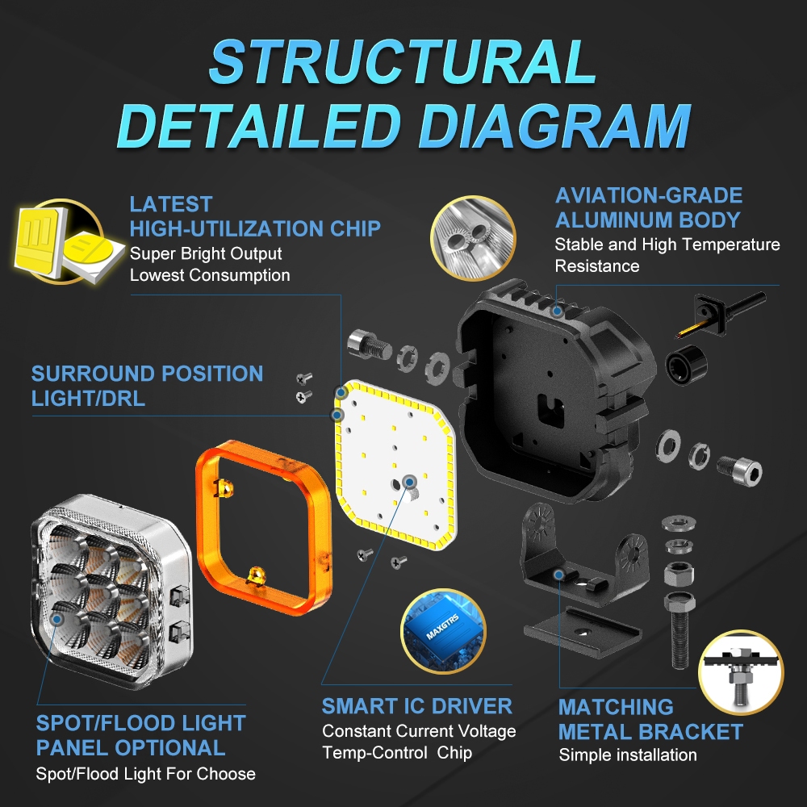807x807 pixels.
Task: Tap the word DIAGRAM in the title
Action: [554, 126]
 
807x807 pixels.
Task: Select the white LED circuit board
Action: [395, 464]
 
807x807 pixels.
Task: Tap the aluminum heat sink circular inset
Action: [473, 238]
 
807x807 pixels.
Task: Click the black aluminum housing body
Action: [556, 391]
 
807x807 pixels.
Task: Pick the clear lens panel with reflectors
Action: [111, 592]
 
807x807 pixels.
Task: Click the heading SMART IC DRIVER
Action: [417, 706]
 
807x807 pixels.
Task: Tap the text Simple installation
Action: [628, 755]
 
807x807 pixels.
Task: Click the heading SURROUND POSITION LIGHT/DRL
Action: [147, 386]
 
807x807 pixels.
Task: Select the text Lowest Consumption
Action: [210, 275]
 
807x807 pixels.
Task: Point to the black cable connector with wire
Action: [721, 314]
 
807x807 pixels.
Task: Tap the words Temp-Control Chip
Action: [397, 753]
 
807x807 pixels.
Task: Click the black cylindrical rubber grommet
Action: [686, 365]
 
